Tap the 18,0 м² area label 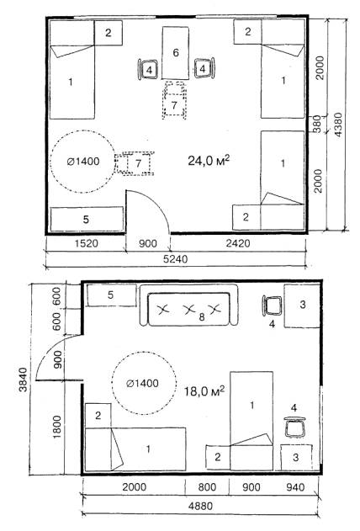(204, 391)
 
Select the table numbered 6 (175, 53)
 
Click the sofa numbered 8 (188, 305)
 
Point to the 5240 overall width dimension (175, 259)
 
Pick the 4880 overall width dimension (201, 507)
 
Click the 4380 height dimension (338, 125)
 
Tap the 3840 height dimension (24, 380)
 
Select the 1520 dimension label (86, 243)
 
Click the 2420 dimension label (238, 243)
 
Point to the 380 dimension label (316, 124)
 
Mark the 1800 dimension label (57, 427)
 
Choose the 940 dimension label (295, 487)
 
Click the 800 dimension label (207, 487)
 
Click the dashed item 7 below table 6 (174, 100)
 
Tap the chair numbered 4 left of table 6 (148, 70)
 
